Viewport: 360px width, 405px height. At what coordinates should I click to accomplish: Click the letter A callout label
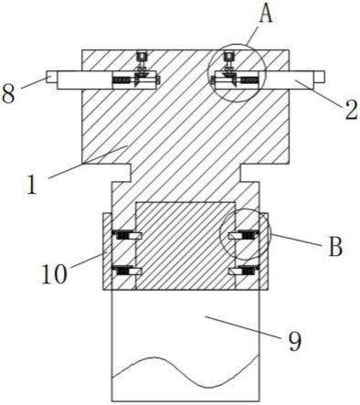click(266, 14)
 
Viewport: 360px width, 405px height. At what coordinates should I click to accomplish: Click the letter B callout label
click(335, 246)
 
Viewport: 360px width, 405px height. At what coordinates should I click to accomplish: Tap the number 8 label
click(8, 93)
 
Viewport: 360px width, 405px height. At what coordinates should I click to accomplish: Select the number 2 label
click(352, 110)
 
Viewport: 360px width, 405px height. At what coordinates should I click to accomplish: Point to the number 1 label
click(31, 185)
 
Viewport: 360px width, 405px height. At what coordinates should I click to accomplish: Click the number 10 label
click(54, 274)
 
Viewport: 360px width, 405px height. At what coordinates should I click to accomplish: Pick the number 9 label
click(294, 341)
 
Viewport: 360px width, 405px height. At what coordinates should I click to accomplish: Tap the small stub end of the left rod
click(51, 77)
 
